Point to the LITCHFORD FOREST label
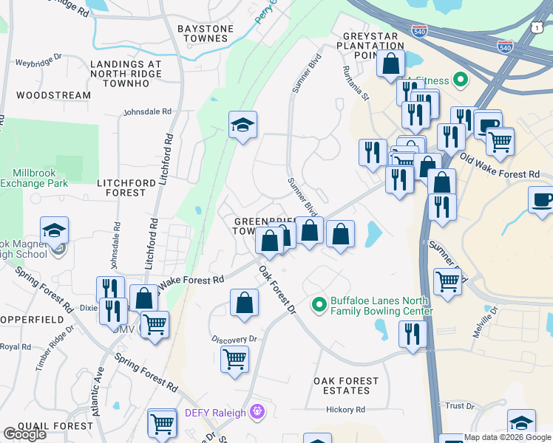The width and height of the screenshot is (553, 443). click(121, 187)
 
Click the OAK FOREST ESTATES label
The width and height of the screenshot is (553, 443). click(346, 386)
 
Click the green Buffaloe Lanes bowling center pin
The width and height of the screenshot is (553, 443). click(319, 303)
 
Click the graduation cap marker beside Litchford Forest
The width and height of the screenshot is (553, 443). click(242, 126)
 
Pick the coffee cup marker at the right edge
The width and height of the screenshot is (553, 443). click(542, 199)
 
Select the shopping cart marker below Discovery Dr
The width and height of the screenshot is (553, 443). click(234, 359)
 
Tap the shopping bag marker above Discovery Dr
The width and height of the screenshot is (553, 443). click(244, 303)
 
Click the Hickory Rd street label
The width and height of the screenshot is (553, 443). click(346, 410)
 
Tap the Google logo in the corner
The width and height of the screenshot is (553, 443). click(24, 434)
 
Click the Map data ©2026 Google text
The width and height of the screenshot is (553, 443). click(507, 437)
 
